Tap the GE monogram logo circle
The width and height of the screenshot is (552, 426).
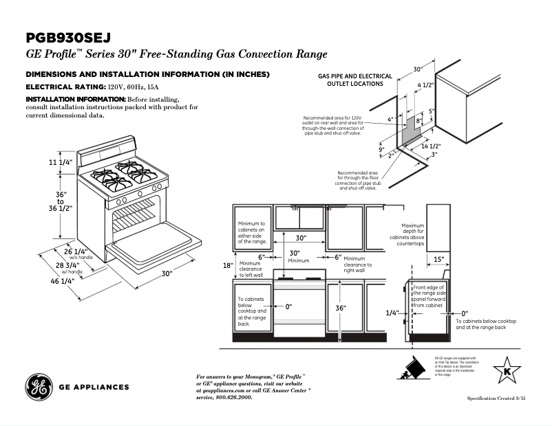[39, 387]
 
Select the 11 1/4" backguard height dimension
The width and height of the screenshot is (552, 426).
[61, 162]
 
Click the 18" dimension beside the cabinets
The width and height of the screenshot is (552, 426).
[228, 265]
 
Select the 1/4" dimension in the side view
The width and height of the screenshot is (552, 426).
[392, 313]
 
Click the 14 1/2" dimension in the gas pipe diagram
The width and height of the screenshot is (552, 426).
[430, 146]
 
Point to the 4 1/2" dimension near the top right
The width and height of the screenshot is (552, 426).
[425, 85]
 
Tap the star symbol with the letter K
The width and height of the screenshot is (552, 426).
[508, 371]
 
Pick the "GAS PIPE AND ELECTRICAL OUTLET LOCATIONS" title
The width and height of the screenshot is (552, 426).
[355, 80]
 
